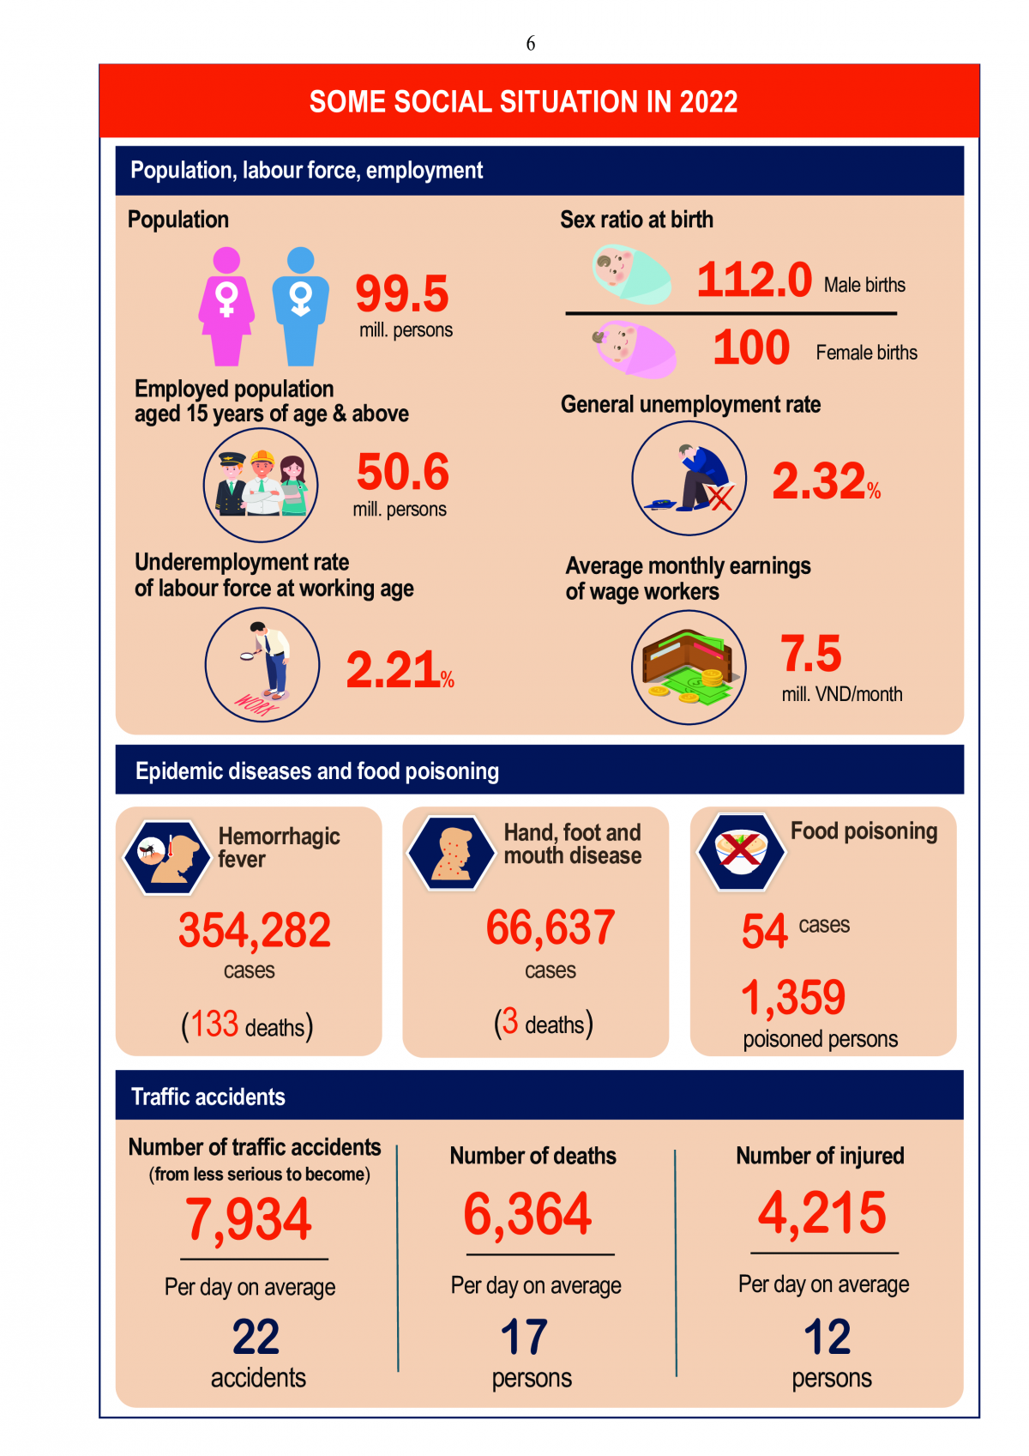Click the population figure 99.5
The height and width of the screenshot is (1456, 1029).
pyautogui.click(x=402, y=294)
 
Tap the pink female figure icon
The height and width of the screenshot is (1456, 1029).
pyautogui.click(x=226, y=307)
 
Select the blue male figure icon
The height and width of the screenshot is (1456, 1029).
pyautogui.click(x=300, y=307)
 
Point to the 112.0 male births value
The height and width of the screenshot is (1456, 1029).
pyautogui.click(x=754, y=281)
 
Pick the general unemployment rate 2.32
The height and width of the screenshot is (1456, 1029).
pyautogui.click(x=819, y=480)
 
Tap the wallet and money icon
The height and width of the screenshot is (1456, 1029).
pyautogui.click(x=689, y=668)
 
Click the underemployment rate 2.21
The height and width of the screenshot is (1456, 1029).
pyautogui.click(x=393, y=670)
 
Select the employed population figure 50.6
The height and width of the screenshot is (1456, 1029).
pyautogui.click(x=403, y=472)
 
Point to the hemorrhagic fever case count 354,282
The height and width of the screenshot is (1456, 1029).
pyautogui.click(x=255, y=931)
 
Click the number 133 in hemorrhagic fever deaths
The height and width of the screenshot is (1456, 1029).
pyautogui.click(x=214, y=1024)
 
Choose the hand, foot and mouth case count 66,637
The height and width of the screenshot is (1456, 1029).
pyautogui.click(x=551, y=928)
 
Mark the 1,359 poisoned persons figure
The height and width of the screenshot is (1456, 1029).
pyautogui.click(x=793, y=998)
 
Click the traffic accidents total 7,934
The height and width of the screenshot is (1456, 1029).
pyautogui.click(x=249, y=1220)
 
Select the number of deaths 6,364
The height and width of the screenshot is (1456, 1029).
pyautogui.click(x=527, y=1215)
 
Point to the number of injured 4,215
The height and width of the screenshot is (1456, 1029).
pyautogui.click(x=821, y=1213)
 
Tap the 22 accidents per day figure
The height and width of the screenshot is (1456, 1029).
pyautogui.click(x=256, y=1337)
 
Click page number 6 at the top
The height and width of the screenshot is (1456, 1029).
pyautogui.click(x=531, y=44)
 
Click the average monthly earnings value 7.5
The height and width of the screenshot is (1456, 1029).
pyautogui.click(x=810, y=654)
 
